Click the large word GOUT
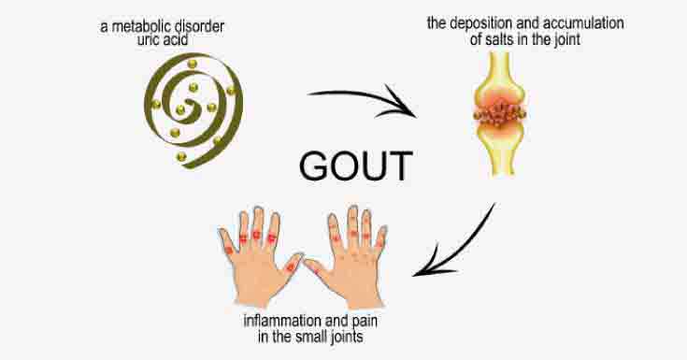pyautogui.click(x=355, y=166)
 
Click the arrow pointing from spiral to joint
pyautogui.click(x=361, y=102)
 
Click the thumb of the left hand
pyautogui.click(x=291, y=266)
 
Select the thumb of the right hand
pyautogui.click(x=313, y=268)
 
